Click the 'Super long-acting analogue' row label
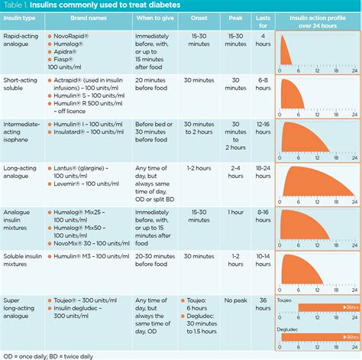[22, 310]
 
